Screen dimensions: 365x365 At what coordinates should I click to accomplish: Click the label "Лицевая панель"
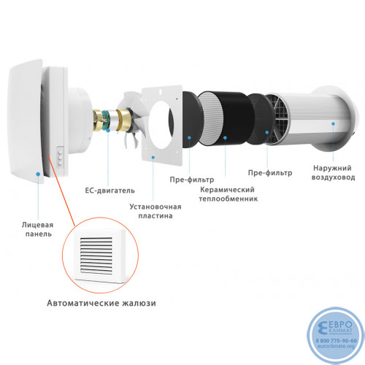(37, 229)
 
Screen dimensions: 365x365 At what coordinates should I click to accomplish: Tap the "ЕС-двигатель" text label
(109, 191)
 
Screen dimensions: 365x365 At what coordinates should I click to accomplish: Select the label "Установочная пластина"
(155, 211)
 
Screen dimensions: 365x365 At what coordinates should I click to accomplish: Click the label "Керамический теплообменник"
(228, 194)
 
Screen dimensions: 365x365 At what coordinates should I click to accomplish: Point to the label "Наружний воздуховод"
(333, 172)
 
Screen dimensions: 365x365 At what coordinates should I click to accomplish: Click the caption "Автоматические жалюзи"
(101, 303)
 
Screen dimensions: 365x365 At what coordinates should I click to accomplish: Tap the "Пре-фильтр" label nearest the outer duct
(270, 173)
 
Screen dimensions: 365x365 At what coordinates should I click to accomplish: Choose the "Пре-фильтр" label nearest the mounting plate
(192, 180)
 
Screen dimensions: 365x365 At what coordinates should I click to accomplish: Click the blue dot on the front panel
(38, 174)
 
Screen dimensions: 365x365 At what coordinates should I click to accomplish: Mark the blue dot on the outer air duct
(333, 123)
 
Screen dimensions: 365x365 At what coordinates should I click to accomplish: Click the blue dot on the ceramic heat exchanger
(225, 138)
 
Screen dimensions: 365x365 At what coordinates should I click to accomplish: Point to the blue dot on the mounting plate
(153, 157)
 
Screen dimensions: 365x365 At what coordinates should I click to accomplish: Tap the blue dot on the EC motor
(108, 131)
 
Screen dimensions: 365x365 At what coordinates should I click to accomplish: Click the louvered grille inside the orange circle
(96, 255)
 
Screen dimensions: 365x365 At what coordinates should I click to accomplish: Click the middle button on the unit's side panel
(60, 158)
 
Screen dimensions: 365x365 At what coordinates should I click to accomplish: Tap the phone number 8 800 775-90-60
(337, 341)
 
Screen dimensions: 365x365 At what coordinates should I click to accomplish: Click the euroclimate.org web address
(336, 346)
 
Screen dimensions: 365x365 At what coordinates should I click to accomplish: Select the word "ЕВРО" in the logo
(340, 325)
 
